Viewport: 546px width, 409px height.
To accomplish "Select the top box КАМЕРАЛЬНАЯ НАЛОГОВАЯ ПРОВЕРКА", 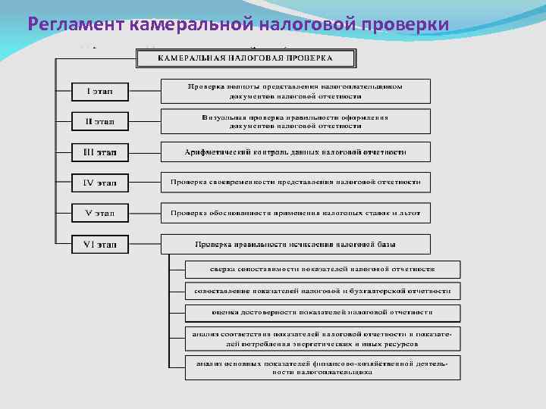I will click(x=246, y=58).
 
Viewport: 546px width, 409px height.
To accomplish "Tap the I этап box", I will click(x=100, y=92).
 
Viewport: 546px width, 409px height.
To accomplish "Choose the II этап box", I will click(x=100, y=121).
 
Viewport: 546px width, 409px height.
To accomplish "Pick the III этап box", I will click(x=100, y=152).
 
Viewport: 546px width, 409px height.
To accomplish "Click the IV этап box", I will click(x=100, y=183).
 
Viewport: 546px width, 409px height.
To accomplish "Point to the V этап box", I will click(x=100, y=214).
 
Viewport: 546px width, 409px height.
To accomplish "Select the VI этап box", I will click(x=100, y=244).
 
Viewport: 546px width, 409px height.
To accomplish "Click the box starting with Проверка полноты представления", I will click(x=295, y=91).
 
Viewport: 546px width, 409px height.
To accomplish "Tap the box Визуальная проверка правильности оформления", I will click(x=295, y=121).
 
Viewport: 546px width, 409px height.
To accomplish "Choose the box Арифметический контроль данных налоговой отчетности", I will click(x=295, y=151).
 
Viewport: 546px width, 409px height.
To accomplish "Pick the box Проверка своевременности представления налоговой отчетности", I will click(x=295, y=182).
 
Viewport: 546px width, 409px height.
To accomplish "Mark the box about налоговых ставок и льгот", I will click(x=295, y=213).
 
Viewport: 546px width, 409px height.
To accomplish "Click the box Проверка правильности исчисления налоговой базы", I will click(x=295, y=244).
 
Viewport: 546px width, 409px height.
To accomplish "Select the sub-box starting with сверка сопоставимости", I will click(x=322, y=269).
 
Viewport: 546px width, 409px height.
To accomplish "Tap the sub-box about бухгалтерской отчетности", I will click(x=322, y=290).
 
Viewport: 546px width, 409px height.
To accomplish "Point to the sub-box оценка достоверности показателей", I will click(x=322, y=312).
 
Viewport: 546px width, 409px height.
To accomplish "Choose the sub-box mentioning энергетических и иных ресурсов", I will click(x=322, y=338).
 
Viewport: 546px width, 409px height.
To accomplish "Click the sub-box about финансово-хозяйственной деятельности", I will click(x=322, y=367).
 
